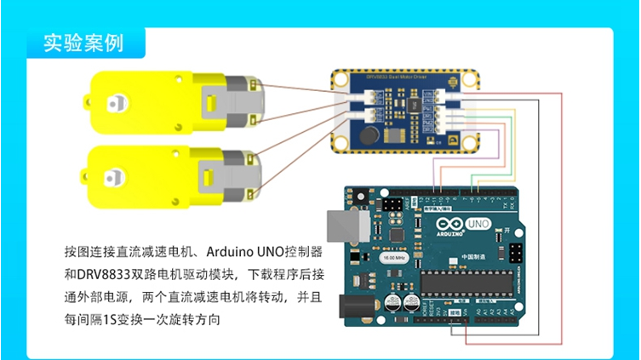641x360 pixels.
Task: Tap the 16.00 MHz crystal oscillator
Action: point(393,256)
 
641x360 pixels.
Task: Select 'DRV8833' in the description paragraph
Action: point(100,275)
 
